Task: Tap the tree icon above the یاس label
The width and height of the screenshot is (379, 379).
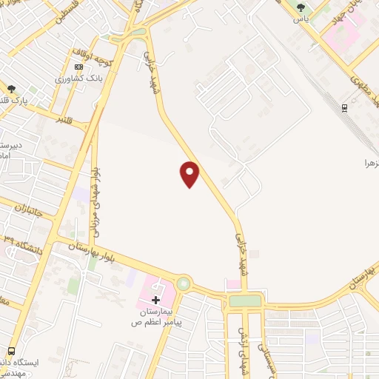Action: [301, 8]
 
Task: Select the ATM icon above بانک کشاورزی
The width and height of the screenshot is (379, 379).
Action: [79, 66]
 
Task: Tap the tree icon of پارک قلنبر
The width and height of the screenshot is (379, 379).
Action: [10, 88]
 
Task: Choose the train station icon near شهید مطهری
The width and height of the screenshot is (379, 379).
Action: [345, 107]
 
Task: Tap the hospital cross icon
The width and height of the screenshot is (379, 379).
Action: [155, 300]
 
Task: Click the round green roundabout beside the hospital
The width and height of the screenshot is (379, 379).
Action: [183, 284]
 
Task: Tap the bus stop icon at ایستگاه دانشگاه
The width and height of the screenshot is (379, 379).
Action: [10, 350]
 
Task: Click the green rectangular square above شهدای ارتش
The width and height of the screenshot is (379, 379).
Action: [244, 301]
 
